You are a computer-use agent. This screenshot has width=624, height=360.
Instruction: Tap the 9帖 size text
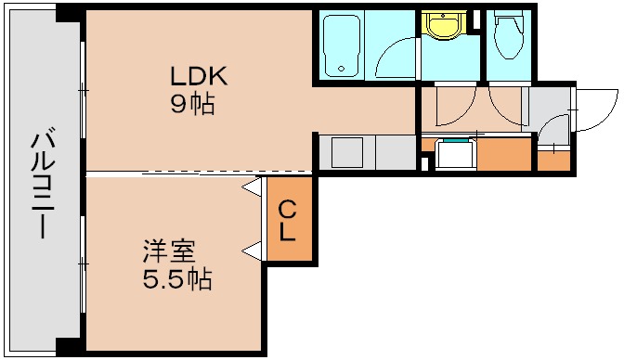(191, 103)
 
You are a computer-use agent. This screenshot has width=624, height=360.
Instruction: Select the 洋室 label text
(168, 251)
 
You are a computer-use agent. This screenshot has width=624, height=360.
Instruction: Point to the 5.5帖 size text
(176, 278)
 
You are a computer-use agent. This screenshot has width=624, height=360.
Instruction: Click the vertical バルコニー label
(40, 186)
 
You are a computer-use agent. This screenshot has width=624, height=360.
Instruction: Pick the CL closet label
(288, 221)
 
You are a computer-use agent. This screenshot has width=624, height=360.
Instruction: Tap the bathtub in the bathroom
(341, 45)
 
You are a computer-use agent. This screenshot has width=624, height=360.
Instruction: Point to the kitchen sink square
(347, 151)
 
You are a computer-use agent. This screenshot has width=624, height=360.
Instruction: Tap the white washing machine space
(456, 154)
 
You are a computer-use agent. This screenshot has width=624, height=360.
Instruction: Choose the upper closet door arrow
(251, 186)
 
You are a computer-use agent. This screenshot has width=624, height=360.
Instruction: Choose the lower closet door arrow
(251, 249)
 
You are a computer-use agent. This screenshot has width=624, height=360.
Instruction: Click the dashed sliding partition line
(200, 173)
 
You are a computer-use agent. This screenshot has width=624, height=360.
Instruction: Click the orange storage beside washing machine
(504, 154)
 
